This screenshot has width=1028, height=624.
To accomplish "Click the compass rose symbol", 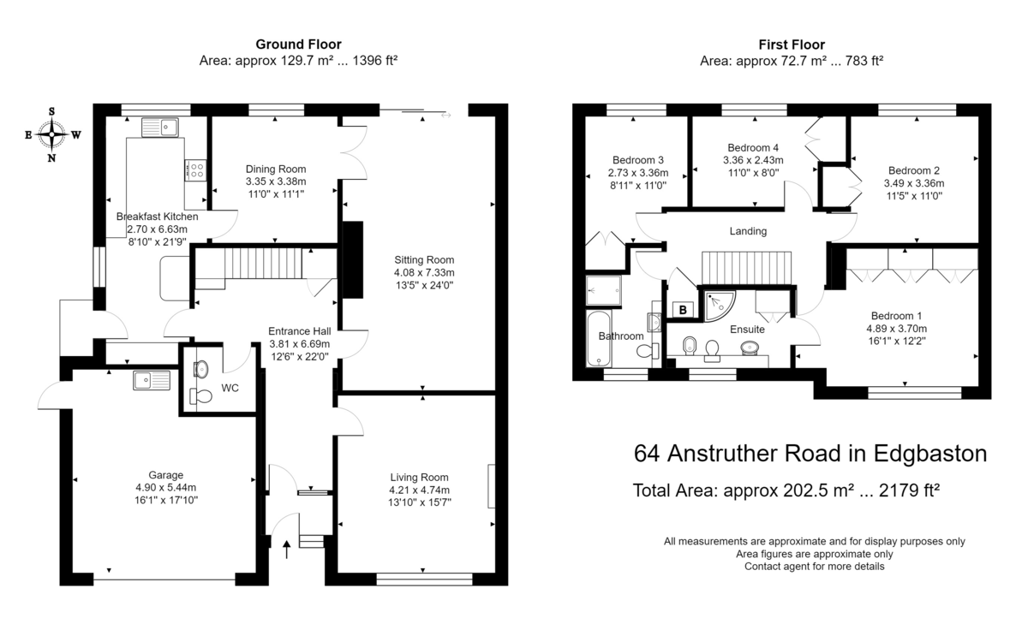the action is [52, 134].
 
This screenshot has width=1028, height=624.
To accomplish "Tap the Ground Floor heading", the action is [298, 45].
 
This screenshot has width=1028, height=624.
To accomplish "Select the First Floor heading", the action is [792, 45].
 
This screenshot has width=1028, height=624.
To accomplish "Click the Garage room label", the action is [165, 475].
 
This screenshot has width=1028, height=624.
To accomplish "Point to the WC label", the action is [230, 389].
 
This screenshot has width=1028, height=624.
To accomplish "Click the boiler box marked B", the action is [683, 310].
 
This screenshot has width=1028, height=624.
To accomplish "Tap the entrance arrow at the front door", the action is [287, 550].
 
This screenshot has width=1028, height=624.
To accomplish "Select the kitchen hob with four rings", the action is [195, 170].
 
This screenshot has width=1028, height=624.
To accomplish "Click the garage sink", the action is [152, 381].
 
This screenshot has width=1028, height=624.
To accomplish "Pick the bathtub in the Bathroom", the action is [599, 339].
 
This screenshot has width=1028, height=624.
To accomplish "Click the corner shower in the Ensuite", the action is [719, 306].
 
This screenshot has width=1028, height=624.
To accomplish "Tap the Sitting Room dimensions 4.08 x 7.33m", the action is [424, 273].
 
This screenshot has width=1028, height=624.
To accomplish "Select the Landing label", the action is [748, 231].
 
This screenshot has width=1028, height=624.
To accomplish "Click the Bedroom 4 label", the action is [753, 147].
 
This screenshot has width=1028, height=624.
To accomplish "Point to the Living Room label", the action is [419, 478].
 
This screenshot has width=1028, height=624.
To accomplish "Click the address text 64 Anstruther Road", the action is [737, 454].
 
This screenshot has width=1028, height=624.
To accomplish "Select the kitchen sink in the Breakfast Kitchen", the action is [159, 128].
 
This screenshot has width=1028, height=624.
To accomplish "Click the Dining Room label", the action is [276, 169].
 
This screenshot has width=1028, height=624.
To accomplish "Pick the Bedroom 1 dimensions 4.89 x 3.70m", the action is [896, 329].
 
